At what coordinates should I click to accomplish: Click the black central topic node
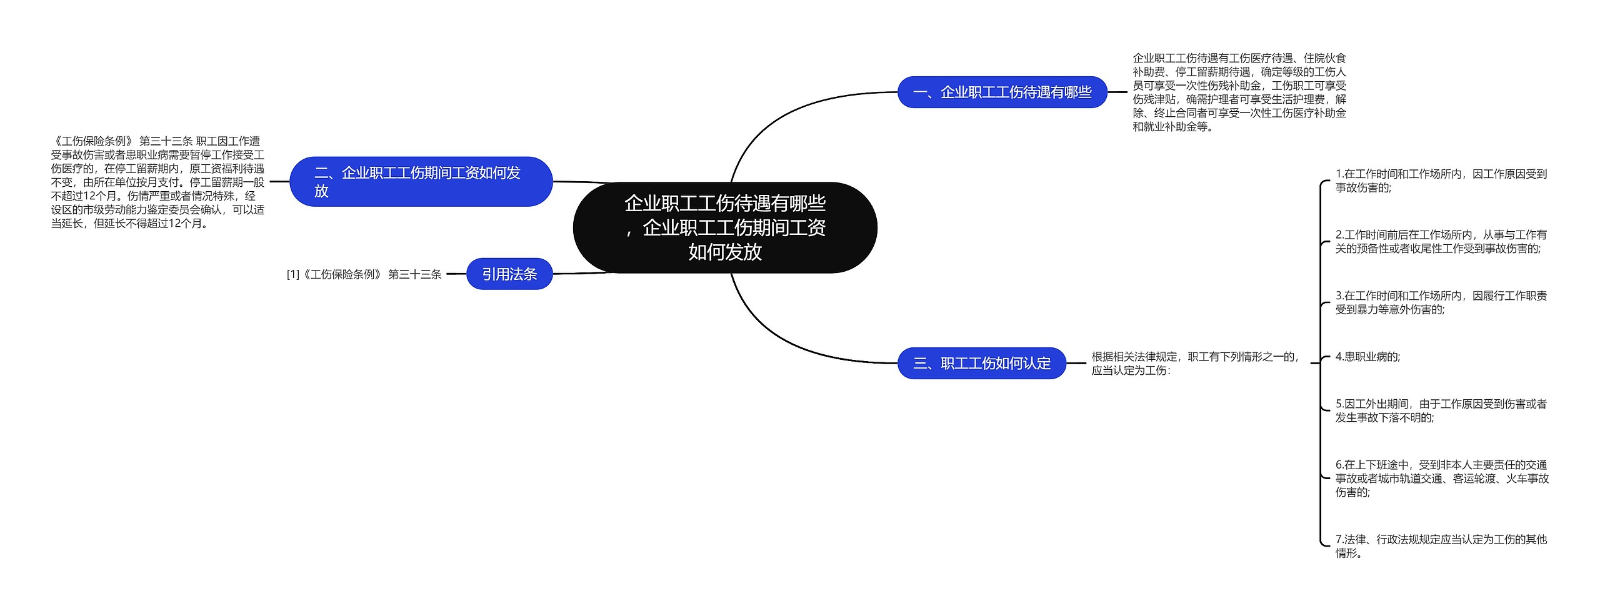point(725,227)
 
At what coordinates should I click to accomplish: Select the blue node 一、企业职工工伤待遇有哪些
point(1002,92)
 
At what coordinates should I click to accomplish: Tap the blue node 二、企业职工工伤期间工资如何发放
point(421,182)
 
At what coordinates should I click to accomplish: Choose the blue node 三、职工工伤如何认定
point(982,363)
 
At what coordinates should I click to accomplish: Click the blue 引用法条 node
point(509,274)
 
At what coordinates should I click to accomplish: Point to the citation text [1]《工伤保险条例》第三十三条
point(364,274)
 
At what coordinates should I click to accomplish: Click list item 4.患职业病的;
point(1367,357)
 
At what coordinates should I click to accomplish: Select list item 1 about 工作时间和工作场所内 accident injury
point(1441,181)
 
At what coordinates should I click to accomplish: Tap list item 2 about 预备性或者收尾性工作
point(1441,242)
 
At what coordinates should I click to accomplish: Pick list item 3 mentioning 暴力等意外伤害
point(1441,302)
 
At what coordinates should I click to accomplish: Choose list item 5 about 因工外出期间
point(1441,410)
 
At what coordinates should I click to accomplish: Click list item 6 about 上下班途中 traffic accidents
point(1442,479)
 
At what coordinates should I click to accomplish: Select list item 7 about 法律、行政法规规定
point(1441,546)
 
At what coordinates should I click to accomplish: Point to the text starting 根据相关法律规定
point(1195,364)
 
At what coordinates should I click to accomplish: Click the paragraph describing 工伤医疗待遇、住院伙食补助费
point(1239,92)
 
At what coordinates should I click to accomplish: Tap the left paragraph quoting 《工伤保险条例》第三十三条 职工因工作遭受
point(157,182)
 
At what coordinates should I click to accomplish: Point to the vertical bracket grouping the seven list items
point(1320,363)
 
